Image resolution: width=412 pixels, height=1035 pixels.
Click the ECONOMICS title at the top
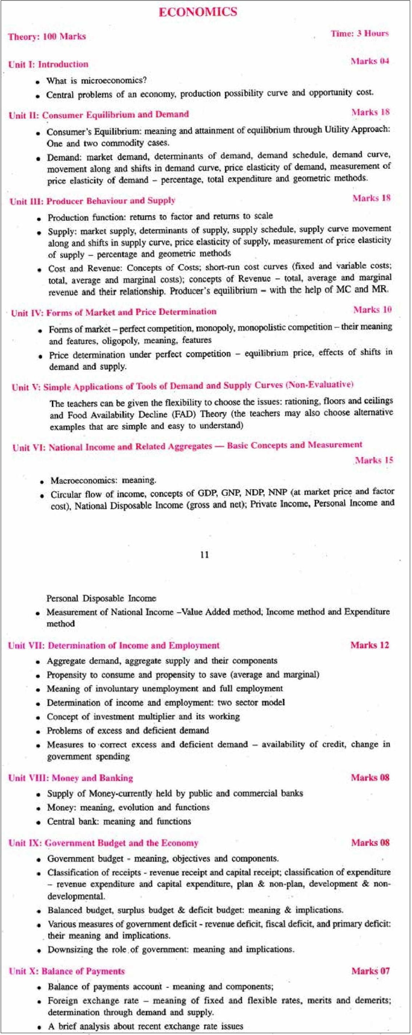pyautogui.click(x=198, y=12)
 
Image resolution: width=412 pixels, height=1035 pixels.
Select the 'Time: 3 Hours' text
pyautogui.click(x=359, y=34)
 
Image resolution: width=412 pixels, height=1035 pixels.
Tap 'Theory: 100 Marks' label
pyautogui.click(x=47, y=37)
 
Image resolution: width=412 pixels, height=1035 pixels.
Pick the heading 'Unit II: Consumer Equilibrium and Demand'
pyautogui.click(x=99, y=115)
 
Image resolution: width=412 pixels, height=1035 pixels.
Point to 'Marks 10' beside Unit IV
pyautogui.click(x=372, y=310)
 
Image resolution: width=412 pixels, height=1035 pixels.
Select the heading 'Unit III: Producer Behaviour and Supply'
pyautogui.click(x=93, y=201)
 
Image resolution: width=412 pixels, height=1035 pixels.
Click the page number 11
pyautogui.click(x=205, y=555)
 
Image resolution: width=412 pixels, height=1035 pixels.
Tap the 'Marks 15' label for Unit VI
pyautogui.click(x=374, y=460)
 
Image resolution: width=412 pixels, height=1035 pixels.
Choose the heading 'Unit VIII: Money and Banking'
pyautogui.click(x=70, y=778)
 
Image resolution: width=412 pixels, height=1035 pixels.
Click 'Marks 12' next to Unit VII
pyautogui.click(x=369, y=645)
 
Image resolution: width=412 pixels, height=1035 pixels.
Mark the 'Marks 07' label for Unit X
pyautogui.click(x=370, y=971)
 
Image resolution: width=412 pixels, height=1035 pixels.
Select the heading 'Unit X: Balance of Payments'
pyautogui.click(x=67, y=971)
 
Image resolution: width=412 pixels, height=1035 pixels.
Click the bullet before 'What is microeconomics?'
pyautogui.click(x=37, y=82)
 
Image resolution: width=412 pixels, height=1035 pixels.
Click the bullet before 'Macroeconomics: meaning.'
pyautogui.click(x=42, y=482)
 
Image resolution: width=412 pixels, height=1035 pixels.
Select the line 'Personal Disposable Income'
pyautogui.click(x=101, y=598)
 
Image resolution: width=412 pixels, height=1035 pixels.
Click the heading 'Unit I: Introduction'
pyautogui.click(x=48, y=65)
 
